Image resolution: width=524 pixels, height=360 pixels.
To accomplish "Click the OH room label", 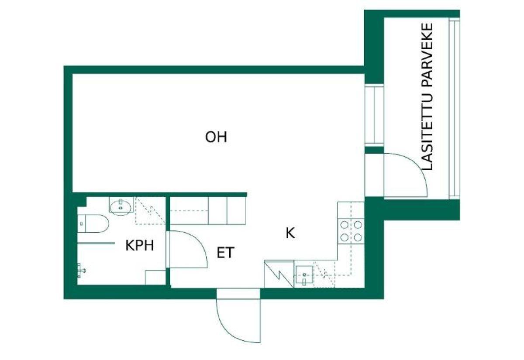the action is coord(216,137).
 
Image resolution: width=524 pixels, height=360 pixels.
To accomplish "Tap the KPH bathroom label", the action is coord(140,246).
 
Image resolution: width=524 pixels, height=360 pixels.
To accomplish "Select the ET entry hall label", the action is coord(225,253).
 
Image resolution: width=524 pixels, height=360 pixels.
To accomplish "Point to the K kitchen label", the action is coord(290,233).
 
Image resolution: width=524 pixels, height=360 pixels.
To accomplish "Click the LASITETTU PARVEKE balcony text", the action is coord(427,96).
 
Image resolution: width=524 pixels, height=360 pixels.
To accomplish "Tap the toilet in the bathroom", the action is coord(93,224).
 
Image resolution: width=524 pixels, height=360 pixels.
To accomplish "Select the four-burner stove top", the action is coord(351,231).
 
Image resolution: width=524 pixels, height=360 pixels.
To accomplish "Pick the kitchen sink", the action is coord(303,275).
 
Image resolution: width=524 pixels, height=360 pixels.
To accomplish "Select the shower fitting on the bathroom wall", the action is coord(81,271).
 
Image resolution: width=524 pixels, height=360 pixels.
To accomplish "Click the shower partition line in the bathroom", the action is coord(96,243).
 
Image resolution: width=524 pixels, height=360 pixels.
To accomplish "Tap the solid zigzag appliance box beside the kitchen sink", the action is coord(279,274).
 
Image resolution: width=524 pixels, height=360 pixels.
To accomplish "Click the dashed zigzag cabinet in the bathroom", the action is coord(151,211).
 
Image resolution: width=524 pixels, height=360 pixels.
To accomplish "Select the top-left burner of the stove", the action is coord(344,225).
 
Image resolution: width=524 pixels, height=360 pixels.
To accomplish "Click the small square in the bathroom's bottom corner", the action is coord(155,278).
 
